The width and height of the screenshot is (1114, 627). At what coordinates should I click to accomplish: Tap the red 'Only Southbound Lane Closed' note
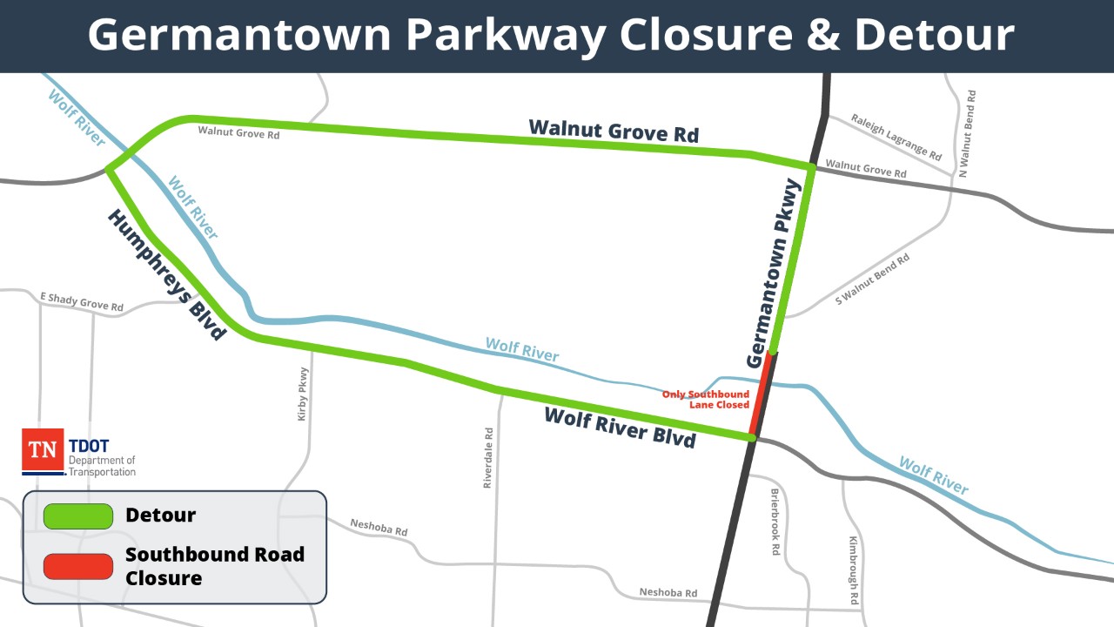706,400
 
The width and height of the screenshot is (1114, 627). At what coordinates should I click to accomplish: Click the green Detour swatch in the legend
78,516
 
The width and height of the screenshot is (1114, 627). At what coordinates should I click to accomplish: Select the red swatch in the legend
78,566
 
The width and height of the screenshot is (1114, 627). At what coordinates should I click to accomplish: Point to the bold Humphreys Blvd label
164,274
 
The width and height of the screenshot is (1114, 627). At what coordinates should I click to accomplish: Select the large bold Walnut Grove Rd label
614,131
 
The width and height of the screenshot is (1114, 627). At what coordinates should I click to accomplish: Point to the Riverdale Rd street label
488,457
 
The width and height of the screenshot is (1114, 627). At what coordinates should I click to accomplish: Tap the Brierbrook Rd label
775,522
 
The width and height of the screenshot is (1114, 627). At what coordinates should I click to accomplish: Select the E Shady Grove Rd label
82,302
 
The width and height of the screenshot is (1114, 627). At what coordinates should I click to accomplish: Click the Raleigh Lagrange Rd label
896,138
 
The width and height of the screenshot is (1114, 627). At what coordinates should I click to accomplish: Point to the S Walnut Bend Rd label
872,279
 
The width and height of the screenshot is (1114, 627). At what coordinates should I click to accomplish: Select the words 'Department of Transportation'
102,466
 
